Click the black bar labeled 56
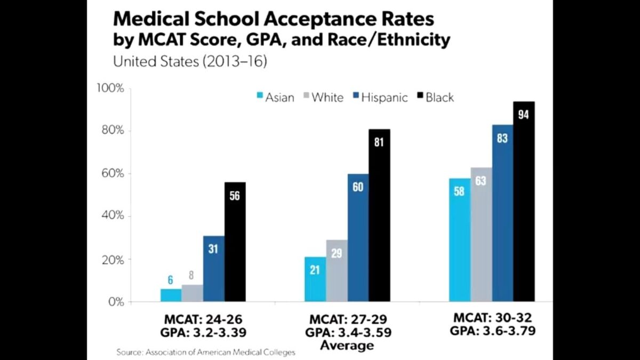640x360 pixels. click(235, 242)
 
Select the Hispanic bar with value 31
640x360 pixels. click(214, 269)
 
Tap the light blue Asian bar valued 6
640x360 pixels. click(171, 295)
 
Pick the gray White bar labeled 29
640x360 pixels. click(337, 271)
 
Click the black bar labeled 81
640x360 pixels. click(379, 215)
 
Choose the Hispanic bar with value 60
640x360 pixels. click(358, 238)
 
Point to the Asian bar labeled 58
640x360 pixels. click(460, 240)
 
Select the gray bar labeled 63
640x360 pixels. click(482, 235)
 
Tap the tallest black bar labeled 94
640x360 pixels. click(524, 202)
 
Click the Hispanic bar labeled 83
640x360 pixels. click(503, 213)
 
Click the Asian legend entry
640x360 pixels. click(275, 98)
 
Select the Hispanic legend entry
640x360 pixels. click(380, 98)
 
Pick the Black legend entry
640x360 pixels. click(435, 98)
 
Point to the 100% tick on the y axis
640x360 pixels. click(110, 89)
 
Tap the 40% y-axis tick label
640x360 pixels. click(113, 215)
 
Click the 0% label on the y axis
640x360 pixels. click(116, 302)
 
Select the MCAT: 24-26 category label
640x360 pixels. click(203, 319)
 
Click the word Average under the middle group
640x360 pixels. click(347, 346)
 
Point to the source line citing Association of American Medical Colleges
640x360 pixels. click(206, 353)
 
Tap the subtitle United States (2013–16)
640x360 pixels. click(190, 61)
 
